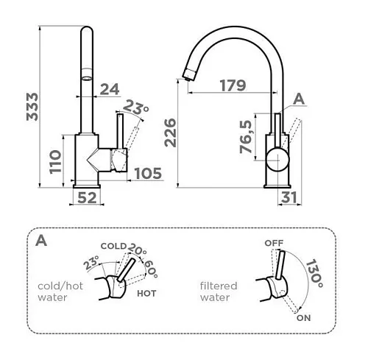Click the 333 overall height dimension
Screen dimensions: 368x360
click(x=32, y=107)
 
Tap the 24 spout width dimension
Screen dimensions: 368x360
click(x=110, y=89)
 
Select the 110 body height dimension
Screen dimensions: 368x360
click(x=55, y=162)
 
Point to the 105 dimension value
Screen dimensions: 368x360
click(x=148, y=174)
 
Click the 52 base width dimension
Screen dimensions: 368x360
click(x=87, y=198)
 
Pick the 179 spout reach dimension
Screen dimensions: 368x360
click(x=233, y=85)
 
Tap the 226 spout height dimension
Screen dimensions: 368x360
click(x=170, y=133)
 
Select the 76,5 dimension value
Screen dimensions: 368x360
click(x=246, y=136)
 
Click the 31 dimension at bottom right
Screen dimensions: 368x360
click(x=289, y=197)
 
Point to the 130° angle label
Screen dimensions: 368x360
click(x=315, y=274)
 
